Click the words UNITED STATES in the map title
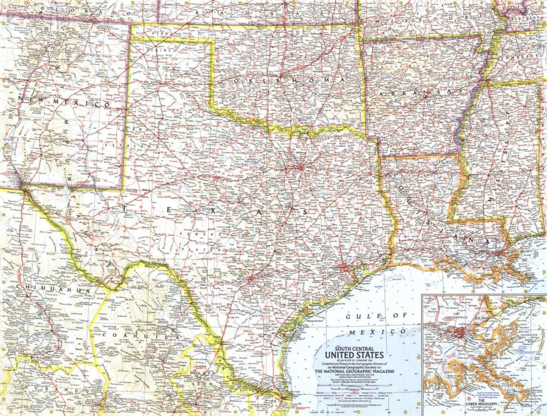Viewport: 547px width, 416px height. pyautogui.click(x=354, y=355)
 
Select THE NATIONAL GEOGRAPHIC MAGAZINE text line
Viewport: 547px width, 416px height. pyautogui.click(x=354, y=371)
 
